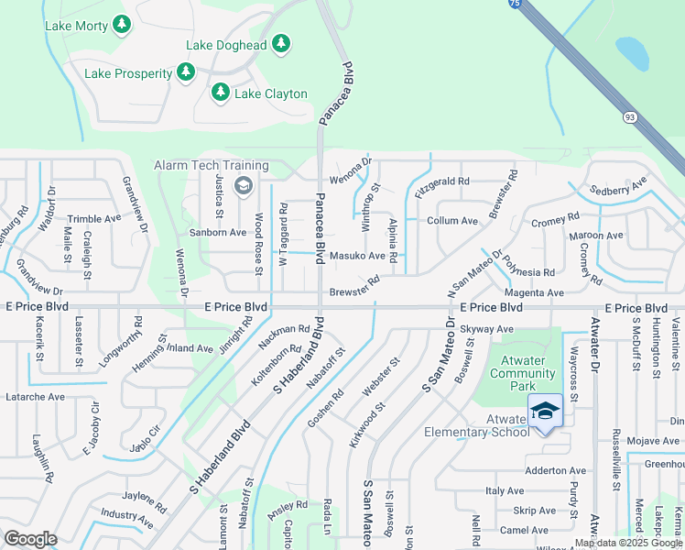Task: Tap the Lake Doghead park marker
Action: point(281,43)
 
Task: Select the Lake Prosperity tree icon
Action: point(186,71)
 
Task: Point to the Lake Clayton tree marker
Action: point(220,92)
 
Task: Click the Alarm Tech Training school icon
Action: point(243,186)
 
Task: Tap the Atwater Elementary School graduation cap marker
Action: point(545,411)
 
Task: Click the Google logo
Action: point(30,539)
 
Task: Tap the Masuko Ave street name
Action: point(357,256)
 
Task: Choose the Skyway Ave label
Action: point(488,328)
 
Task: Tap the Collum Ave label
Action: point(452,221)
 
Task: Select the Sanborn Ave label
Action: point(218,233)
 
